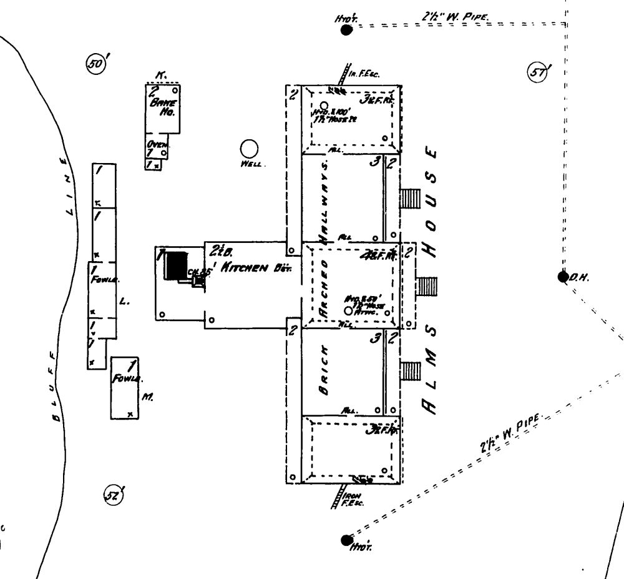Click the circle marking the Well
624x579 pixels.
click(249, 149)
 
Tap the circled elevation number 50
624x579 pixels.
click(95, 64)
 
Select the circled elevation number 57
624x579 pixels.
click(537, 72)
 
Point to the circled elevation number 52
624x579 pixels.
click(113, 495)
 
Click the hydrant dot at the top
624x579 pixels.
click(347, 29)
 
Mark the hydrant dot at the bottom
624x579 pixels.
click(346, 540)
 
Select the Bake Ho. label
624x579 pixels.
click(163, 107)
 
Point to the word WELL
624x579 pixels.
click(253, 165)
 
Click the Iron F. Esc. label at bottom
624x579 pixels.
click(353, 497)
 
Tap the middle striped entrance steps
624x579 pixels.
click(427, 286)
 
